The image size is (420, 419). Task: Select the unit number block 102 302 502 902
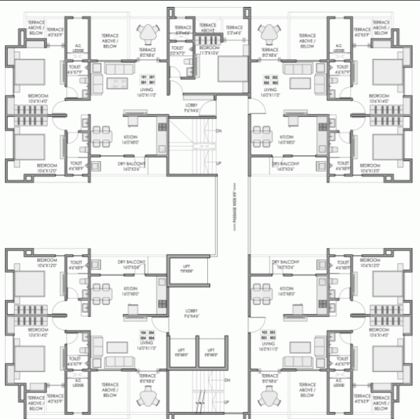point(271,80)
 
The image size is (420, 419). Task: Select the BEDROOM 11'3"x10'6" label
point(208,50)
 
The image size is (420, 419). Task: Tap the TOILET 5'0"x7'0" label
point(177,50)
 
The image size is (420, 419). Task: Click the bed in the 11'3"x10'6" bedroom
point(228,70)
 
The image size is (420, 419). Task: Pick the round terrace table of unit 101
point(148,34)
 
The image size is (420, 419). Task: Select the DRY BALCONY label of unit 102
point(286,165)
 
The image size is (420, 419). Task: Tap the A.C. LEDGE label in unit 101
point(79,49)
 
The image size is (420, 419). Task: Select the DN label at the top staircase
point(219,131)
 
